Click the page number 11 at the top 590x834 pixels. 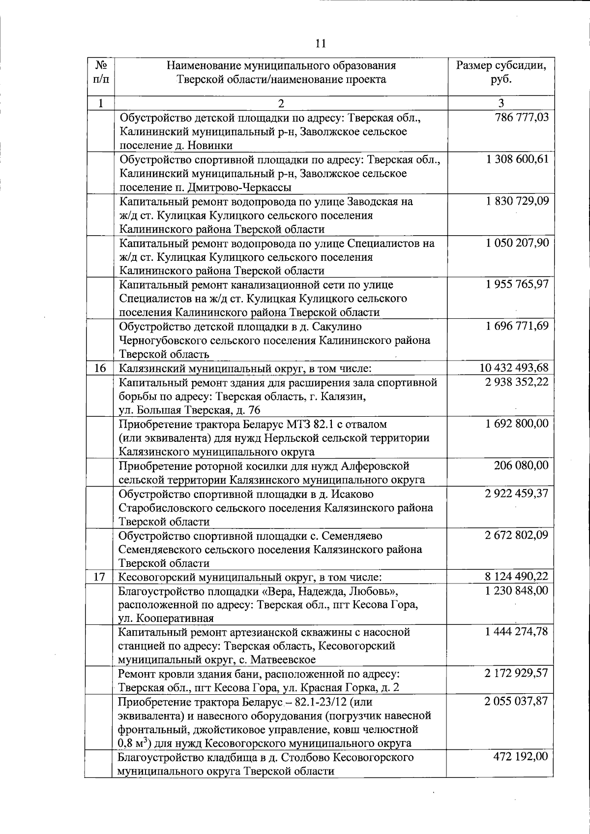pos(320,43)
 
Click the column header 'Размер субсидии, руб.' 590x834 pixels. pos(501,72)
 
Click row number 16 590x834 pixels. pos(100,368)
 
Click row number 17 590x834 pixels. pos(100,577)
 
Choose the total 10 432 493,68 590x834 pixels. pos(513,368)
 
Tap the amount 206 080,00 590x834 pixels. pos(521,465)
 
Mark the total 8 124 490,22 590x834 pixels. pos(515,577)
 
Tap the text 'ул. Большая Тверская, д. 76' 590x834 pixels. pos(190,410)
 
